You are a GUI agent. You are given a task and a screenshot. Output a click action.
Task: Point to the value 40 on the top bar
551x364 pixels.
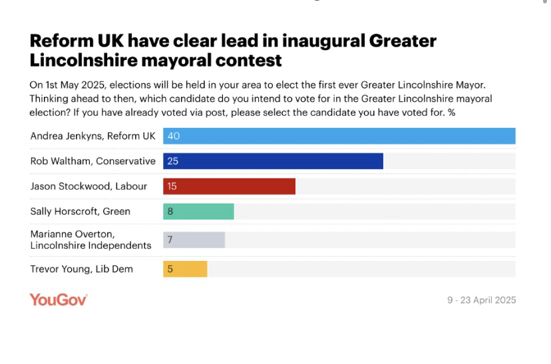174,136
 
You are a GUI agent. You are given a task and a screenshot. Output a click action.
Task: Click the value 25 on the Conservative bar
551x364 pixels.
172,161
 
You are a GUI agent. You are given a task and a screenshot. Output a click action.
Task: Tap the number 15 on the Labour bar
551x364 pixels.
172,186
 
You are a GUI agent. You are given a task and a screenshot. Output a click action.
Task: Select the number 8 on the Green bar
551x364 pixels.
170,212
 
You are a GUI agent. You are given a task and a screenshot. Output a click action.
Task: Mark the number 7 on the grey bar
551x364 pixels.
170,240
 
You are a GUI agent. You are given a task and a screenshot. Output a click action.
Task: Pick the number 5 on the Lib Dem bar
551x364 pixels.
170,269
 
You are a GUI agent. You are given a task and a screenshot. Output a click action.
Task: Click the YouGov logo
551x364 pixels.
59,299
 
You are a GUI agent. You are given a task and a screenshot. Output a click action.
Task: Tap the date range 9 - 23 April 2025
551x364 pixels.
481,300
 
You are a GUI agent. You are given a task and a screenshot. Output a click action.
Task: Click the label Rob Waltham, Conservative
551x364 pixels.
92,161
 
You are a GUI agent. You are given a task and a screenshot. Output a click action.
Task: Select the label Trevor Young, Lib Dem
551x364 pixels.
81,269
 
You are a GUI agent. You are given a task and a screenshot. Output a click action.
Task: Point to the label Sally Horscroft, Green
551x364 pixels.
80,212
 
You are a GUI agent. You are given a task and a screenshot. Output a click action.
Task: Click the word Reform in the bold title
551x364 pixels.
61,41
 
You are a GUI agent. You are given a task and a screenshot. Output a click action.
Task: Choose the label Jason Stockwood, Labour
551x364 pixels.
89,186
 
